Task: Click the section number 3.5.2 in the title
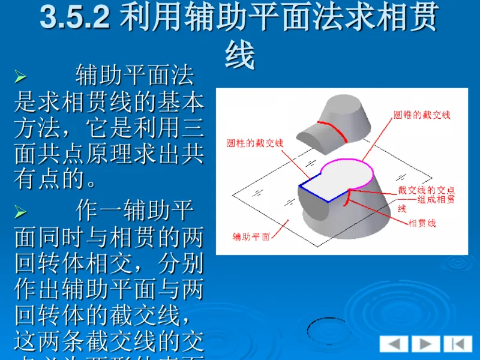(74, 19)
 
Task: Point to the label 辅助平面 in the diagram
(251, 235)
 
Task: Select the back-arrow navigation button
(394, 344)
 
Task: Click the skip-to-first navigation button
(458, 344)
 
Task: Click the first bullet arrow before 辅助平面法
(20, 77)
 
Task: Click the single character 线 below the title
(240, 56)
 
